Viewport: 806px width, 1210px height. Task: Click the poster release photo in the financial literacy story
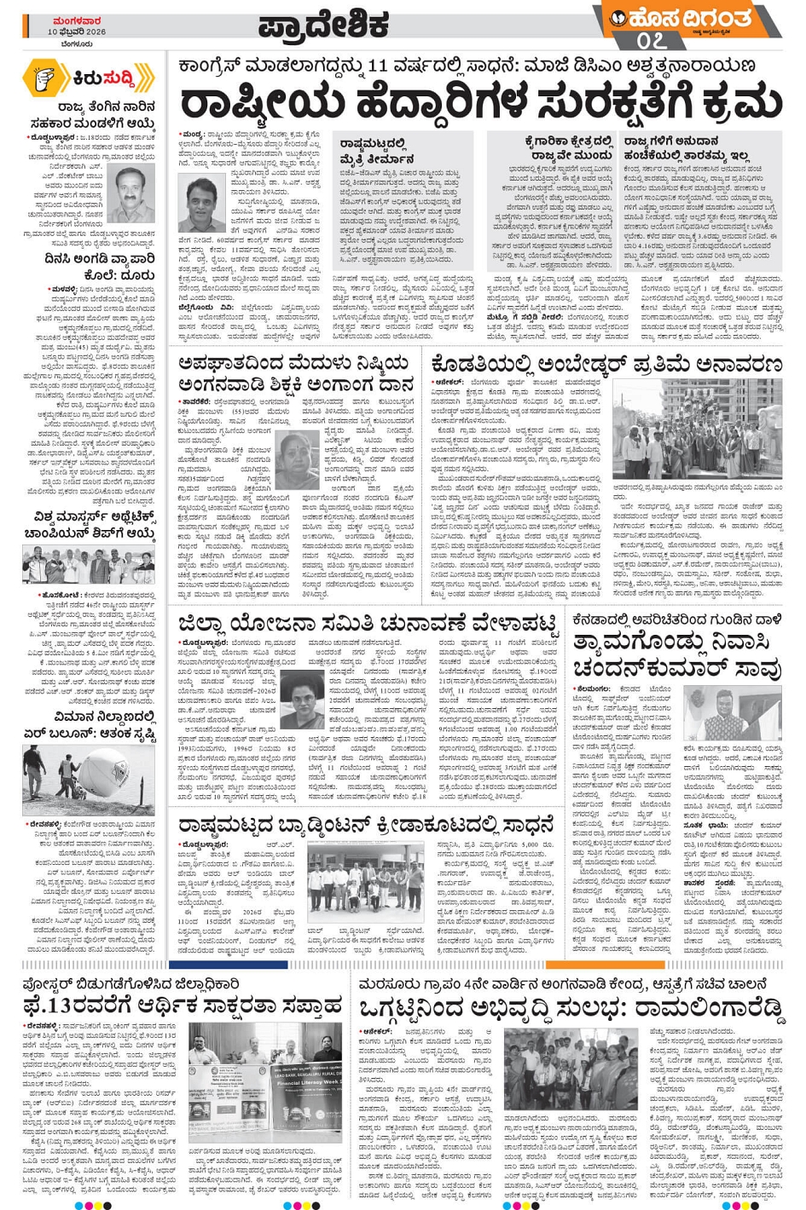(x=265, y=1082)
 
